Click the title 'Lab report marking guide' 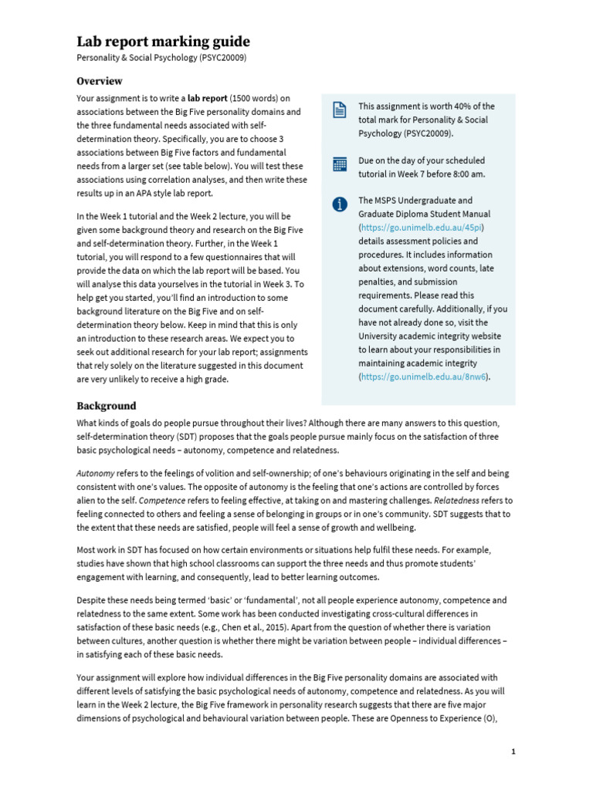tap(163, 42)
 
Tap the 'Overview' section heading tap(99, 81)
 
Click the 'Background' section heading tap(106, 406)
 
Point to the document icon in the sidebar tap(339, 110)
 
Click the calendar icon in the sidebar tap(339, 164)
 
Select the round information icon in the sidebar tap(339, 204)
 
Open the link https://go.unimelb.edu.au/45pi tap(422, 228)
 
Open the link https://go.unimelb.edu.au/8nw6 tap(424, 376)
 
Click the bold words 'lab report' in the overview tap(207, 99)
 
